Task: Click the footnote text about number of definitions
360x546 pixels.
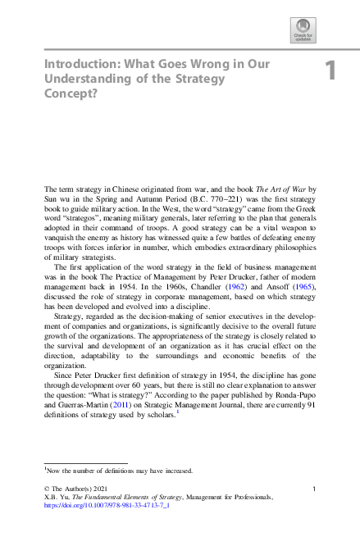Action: pyautogui.click(x=119, y=471)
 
